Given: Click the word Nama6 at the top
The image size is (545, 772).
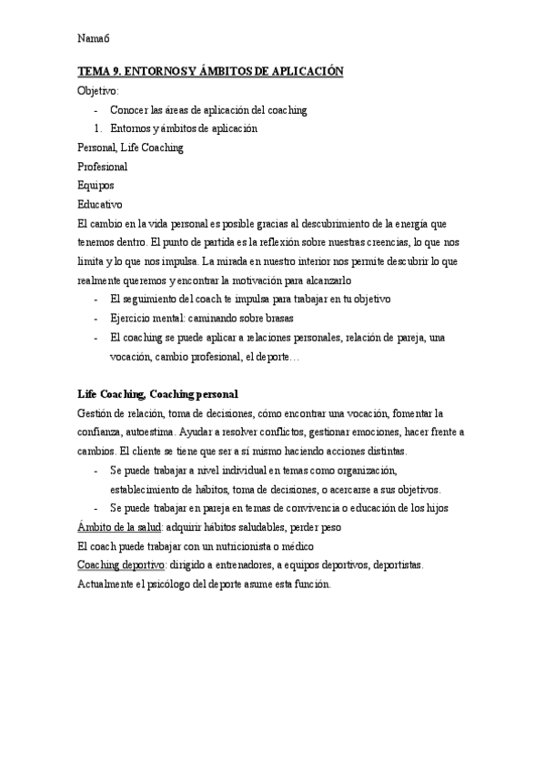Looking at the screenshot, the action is pos(93,38).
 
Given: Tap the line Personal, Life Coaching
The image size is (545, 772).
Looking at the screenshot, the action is pos(131,147).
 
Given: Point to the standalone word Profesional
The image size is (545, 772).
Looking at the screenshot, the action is pos(103,166).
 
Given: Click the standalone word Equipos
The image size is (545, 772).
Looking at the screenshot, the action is pos(96,185).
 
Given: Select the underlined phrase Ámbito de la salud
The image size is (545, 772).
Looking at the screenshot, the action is pos(119,527).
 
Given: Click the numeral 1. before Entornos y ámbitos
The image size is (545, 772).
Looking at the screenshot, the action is pos(98,128).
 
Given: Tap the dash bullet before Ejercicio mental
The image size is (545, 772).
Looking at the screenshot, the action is pos(96,318).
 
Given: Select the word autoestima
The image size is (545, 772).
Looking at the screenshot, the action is pos(146,432).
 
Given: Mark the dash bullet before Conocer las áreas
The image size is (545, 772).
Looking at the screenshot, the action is pos(96,109).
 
